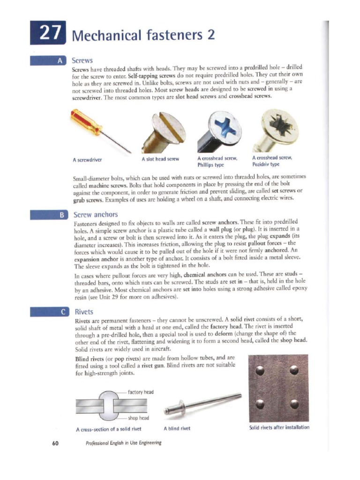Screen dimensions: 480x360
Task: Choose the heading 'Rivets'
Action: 84,312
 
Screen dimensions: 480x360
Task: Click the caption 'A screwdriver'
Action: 88,159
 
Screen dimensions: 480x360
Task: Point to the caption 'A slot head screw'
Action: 160,159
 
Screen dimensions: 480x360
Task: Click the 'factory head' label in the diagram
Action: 141,392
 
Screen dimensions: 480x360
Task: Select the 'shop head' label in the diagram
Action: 138,418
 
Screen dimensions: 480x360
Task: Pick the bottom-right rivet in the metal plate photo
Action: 294,404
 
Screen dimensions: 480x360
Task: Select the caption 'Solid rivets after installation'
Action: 279,427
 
